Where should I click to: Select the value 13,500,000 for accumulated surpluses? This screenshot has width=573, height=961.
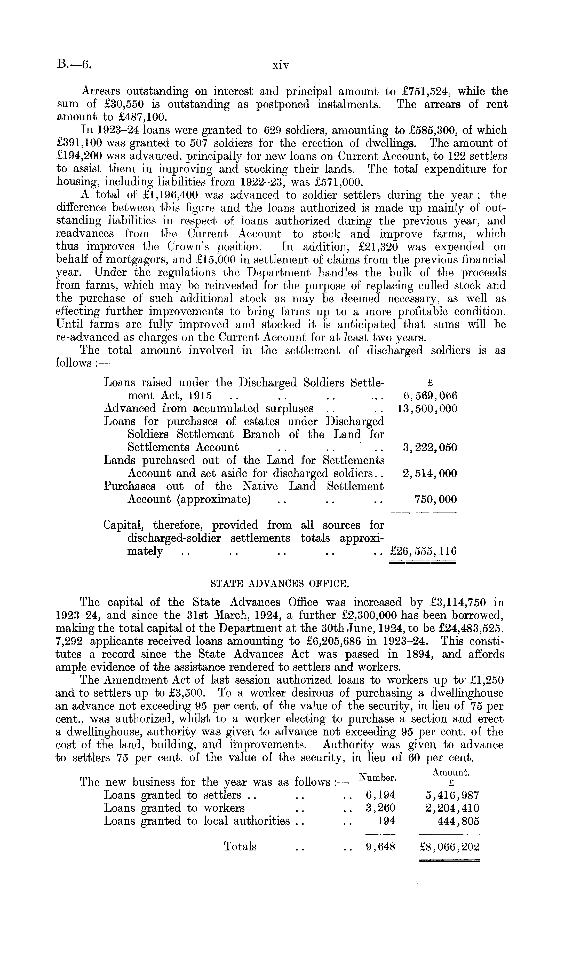tap(427, 408)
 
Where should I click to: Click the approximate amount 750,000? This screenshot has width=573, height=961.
tap(435, 499)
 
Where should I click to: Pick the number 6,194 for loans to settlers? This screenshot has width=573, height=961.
tap(380, 795)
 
